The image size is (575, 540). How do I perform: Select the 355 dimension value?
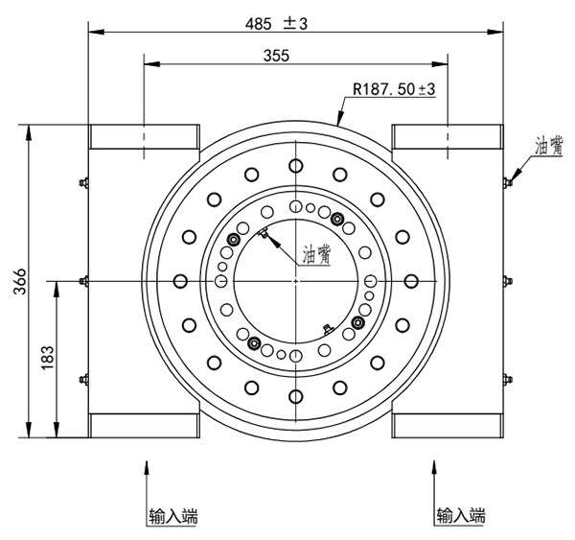[275, 57]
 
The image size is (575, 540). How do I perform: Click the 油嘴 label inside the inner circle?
[316, 255]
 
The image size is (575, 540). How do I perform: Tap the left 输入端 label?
[173, 516]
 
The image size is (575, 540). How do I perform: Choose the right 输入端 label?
[461, 516]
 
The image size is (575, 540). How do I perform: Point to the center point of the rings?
[296, 280]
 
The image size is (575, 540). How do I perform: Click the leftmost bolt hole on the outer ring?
[179, 280]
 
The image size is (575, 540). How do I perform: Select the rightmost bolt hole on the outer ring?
[413, 280]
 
